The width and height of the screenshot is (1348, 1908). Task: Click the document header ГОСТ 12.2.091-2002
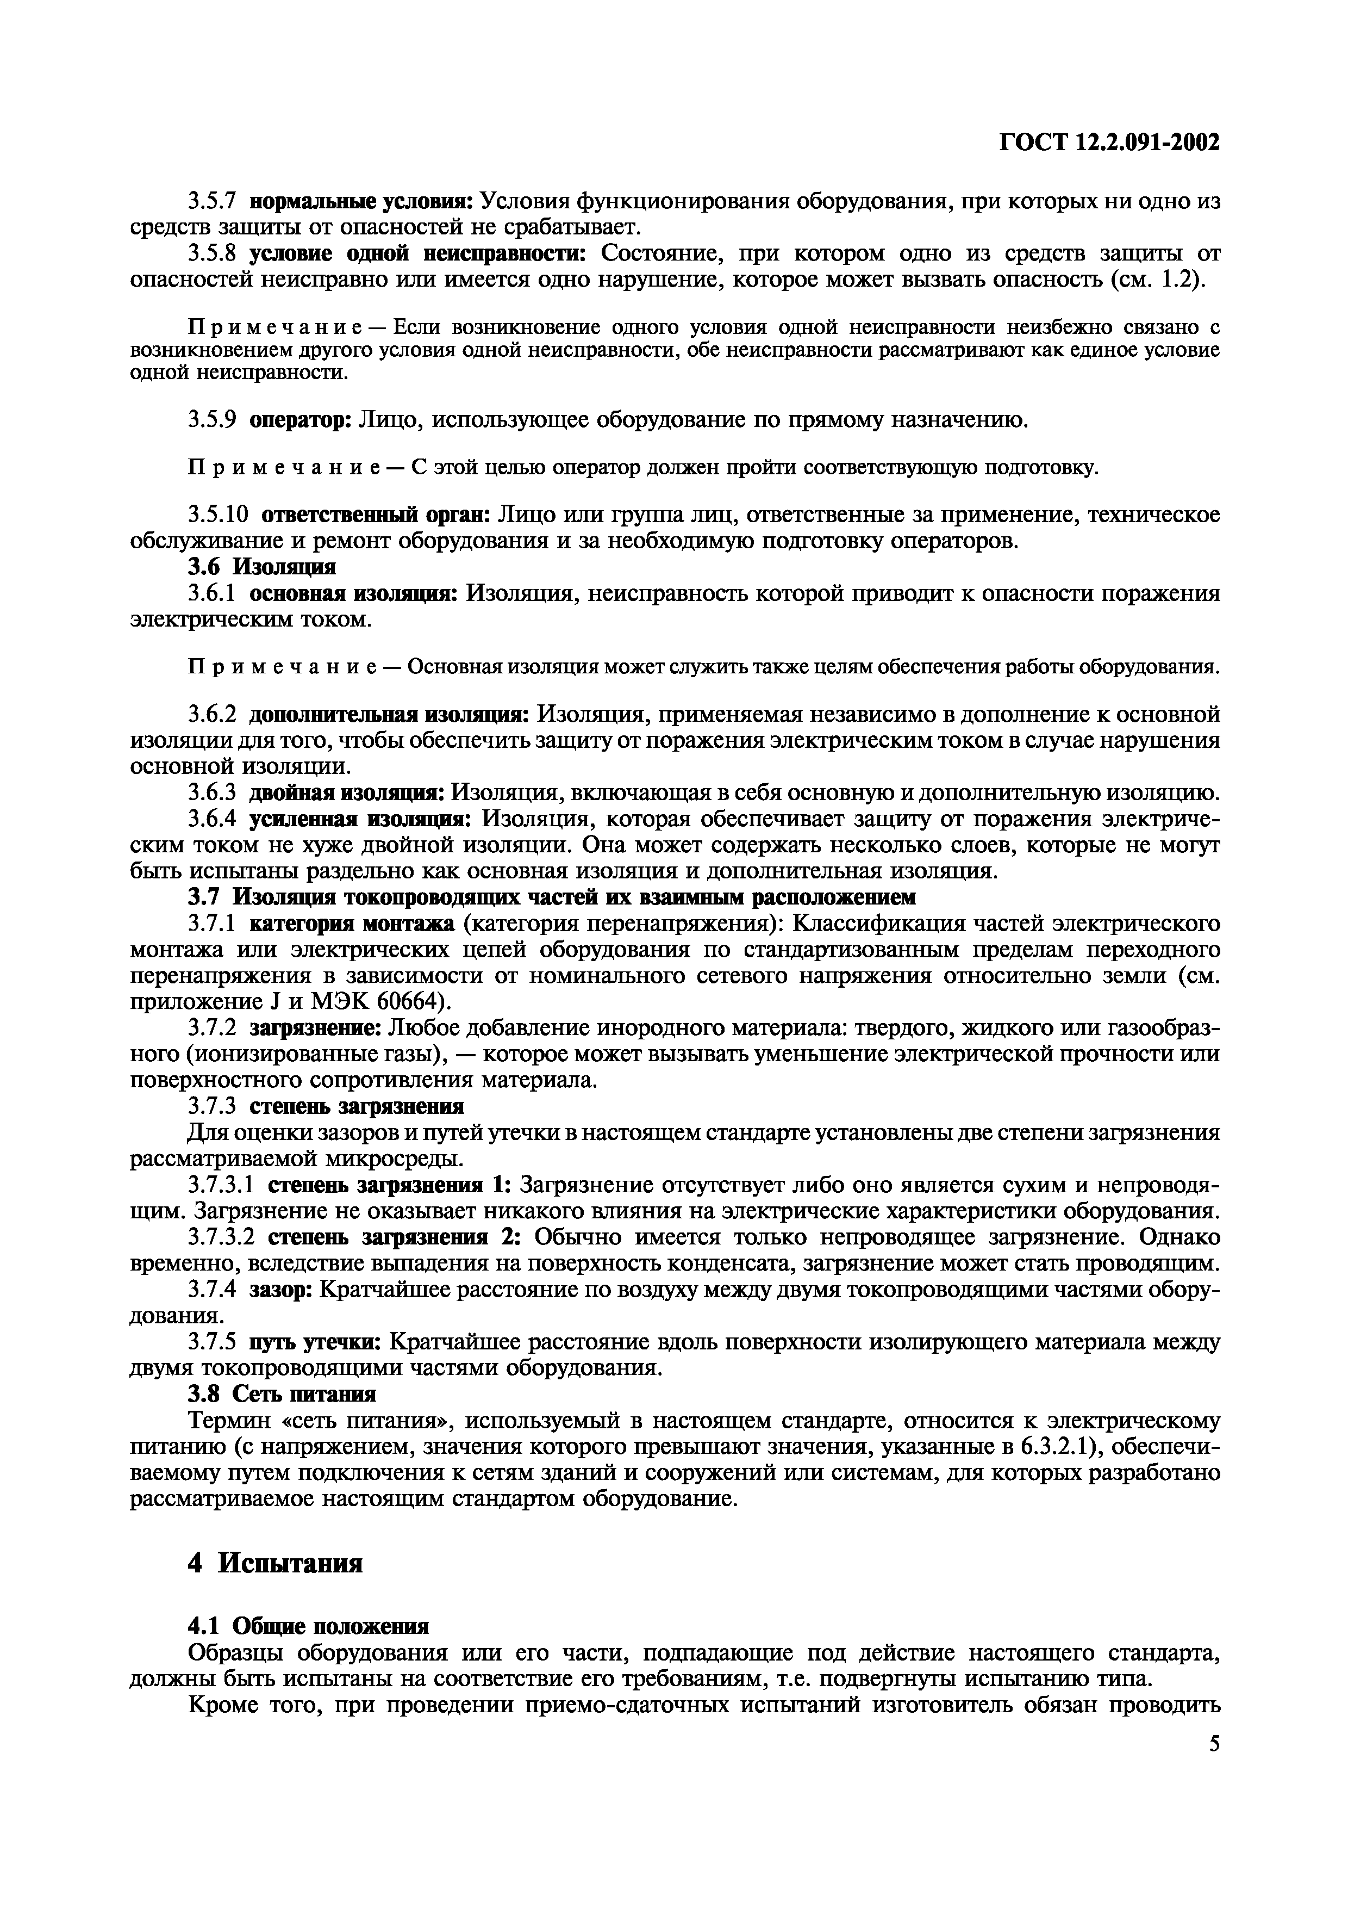coord(1109,143)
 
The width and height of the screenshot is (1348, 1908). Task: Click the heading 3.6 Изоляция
coord(261,567)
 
